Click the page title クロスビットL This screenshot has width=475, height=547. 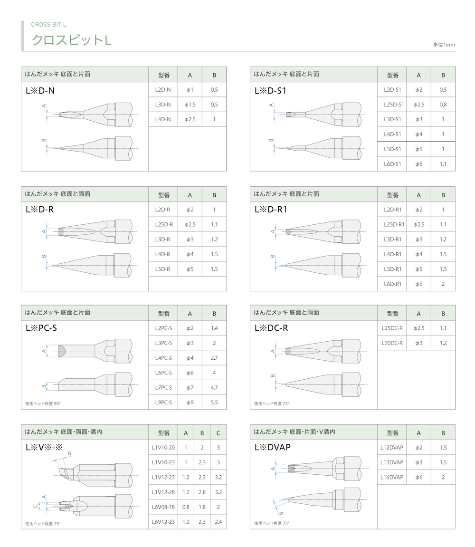(x=72, y=40)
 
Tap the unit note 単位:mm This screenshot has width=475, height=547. (x=444, y=45)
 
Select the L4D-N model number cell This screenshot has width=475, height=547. (x=163, y=119)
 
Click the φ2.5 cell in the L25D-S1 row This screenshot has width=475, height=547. (x=418, y=105)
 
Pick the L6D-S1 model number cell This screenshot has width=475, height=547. (x=392, y=164)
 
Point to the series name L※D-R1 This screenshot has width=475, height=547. (x=271, y=209)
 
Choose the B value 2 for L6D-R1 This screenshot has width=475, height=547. (x=443, y=284)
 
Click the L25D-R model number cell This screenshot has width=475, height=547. (x=164, y=225)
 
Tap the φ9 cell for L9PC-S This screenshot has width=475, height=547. (x=190, y=403)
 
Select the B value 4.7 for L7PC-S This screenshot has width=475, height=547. (x=214, y=388)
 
